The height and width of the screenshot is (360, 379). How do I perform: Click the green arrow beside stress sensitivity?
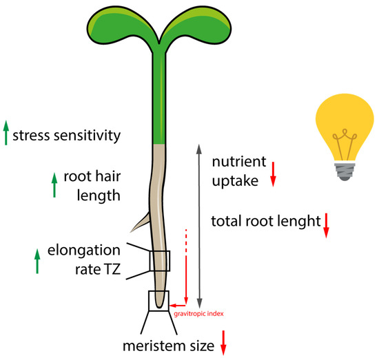coord(6,133)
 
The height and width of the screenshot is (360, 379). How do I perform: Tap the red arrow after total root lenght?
coord(327,224)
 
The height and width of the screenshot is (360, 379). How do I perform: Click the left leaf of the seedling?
coord(128,24)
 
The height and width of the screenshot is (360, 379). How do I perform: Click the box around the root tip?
coord(160,299)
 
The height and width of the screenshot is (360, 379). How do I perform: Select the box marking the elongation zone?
coord(160,261)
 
